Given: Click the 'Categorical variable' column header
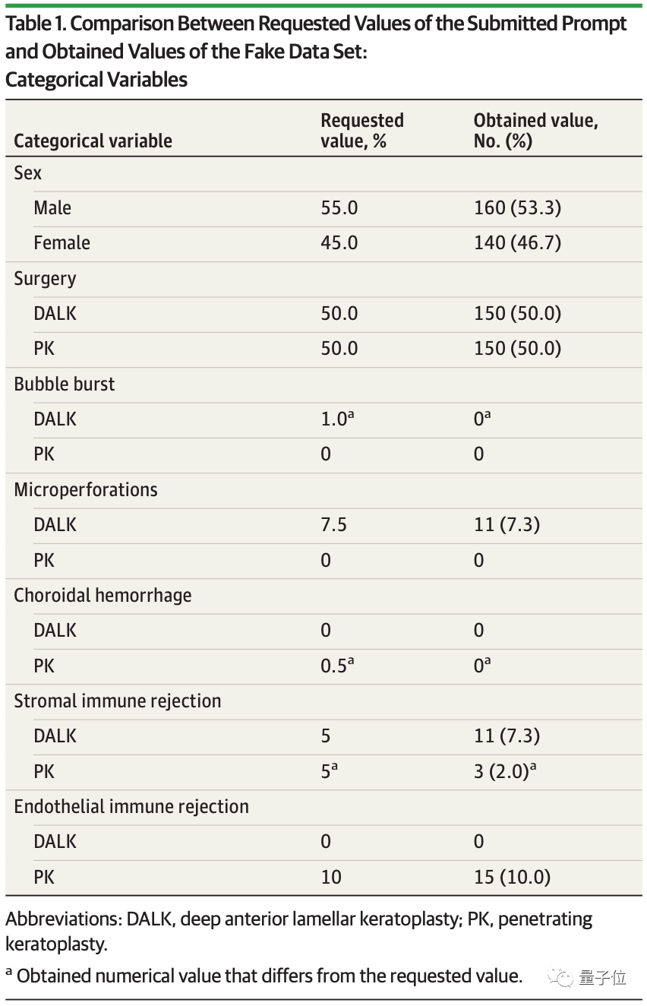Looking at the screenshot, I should pos(93,141).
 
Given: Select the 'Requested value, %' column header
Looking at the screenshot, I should pos(362,131).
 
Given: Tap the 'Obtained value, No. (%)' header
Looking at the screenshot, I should pos(535,131).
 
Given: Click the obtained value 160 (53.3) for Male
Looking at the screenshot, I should pos(517,207).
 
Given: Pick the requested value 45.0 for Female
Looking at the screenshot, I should pos(339,243).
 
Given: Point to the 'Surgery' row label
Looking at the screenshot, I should pos(45,278).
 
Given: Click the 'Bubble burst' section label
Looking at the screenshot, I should pos(65,384).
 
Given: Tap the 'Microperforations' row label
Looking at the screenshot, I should pos(86,489).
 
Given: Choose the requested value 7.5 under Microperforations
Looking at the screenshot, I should pos(334,525).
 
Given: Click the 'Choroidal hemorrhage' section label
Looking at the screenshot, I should pos(103,595).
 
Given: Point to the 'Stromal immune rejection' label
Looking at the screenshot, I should pos(118,701).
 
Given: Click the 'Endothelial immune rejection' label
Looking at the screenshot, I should pos(131,806).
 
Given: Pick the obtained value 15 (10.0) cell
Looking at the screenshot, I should pos(512,877).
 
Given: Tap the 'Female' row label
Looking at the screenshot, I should pos(62,243).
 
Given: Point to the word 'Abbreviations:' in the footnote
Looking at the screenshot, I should pos(59,919).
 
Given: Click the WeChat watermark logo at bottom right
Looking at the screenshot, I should pos(562,977).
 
